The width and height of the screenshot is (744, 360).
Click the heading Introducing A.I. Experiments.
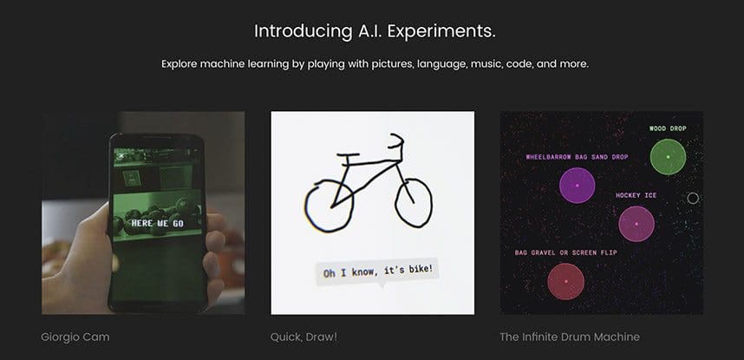coord(375,31)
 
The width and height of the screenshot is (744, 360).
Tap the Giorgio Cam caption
coord(75,337)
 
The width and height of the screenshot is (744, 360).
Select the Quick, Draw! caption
coord(303,337)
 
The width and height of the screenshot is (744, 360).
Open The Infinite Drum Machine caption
coord(570,337)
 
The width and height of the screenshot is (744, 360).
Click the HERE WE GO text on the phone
coord(158,223)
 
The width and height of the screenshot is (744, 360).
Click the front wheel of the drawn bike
coord(414,203)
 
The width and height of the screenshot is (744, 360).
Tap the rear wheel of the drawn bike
coord(330,206)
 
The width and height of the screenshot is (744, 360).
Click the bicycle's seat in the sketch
coord(348,154)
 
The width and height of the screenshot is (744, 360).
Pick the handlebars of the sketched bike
coord(396,141)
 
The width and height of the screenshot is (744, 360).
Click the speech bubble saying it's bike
coord(378,272)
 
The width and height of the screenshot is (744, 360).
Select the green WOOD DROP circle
coord(668,157)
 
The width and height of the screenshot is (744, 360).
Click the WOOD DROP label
coord(668,128)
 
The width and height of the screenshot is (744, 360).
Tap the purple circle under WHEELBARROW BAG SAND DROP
coord(577,186)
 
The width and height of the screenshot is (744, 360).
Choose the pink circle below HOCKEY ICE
coord(636,224)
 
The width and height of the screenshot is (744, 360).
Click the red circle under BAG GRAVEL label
coord(565,281)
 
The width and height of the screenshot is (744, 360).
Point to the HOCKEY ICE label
coord(636,196)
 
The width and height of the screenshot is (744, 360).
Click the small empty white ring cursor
coord(693,193)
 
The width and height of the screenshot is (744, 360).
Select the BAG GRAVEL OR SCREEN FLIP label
coord(566,252)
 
